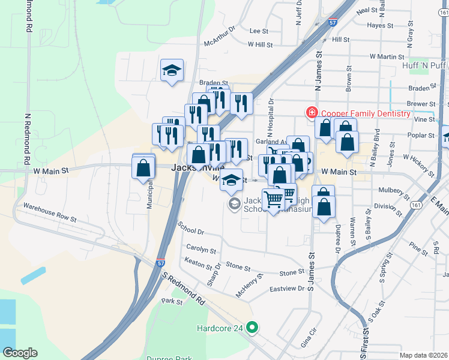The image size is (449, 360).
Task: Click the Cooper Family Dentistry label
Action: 366,113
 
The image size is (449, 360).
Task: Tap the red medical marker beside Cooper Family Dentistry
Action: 312,112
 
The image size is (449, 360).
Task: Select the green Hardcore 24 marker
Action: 253,328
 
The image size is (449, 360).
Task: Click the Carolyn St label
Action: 200,248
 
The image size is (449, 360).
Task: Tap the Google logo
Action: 20,353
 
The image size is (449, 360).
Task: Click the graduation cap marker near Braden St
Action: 171,71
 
